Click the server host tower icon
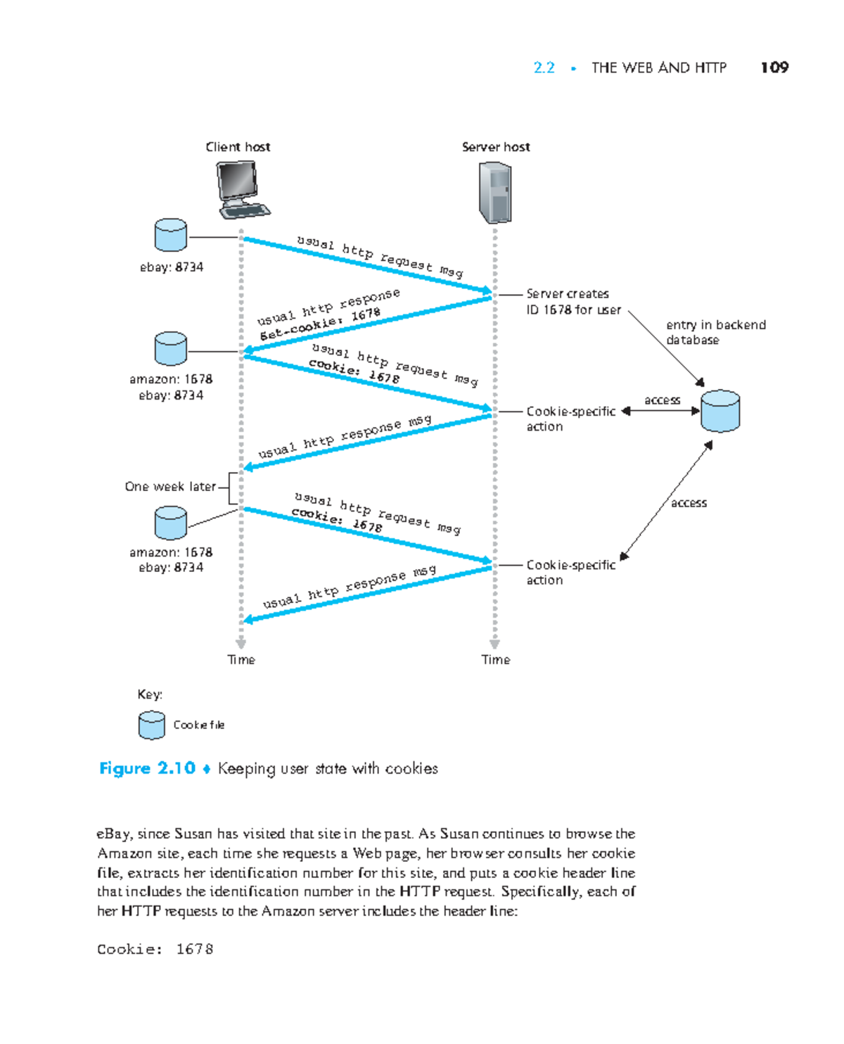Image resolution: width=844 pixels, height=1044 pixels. point(494,192)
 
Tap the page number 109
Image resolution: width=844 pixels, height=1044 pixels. point(774,68)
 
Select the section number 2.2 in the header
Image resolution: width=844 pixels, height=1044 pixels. point(544,68)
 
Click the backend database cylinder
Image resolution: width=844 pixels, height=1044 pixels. point(720,411)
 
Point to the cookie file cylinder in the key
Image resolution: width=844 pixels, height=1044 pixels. point(151,725)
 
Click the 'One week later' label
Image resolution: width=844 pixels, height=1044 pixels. point(170,487)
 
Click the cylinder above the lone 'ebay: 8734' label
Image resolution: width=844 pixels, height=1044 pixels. point(170,235)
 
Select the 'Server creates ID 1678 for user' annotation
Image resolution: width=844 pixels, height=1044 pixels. point(573,302)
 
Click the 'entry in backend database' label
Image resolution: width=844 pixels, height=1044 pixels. point(715,332)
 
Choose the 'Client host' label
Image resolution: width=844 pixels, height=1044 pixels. point(238,147)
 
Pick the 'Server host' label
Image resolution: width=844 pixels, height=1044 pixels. point(496,147)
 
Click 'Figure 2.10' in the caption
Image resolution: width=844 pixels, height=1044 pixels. point(147,768)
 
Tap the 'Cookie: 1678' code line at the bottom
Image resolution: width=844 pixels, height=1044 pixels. point(155,949)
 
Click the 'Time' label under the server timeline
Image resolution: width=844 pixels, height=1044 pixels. point(496,660)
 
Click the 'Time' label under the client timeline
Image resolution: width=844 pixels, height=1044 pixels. point(241,660)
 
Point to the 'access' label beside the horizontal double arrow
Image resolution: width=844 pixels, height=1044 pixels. point(662,400)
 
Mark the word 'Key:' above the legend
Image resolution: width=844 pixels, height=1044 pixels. point(150,694)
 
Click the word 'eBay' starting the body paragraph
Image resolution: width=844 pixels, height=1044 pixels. point(113,834)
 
